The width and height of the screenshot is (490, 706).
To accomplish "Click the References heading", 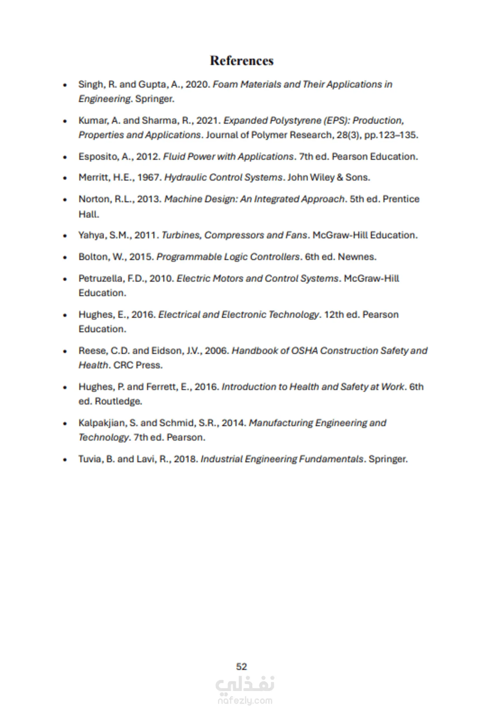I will [242, 61].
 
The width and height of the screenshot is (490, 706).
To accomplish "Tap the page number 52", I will [241, 666].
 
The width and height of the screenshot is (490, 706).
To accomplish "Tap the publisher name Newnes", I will [357, 257].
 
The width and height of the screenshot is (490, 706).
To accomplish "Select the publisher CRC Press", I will [138, 365].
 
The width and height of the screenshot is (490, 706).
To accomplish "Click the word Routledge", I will [118, 401].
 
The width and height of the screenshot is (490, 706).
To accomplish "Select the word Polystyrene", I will [295, 121].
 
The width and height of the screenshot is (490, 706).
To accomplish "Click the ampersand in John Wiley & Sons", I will [339, 178].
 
